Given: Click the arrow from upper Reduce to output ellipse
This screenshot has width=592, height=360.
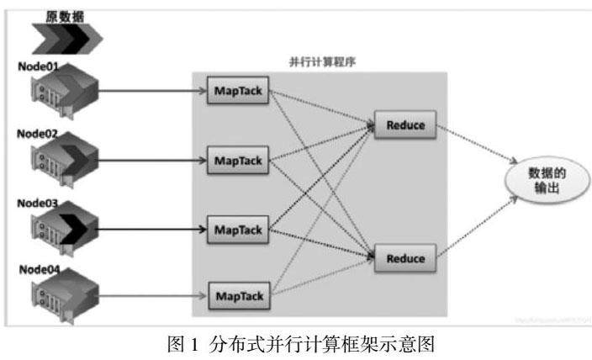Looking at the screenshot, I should click(475, 145).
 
